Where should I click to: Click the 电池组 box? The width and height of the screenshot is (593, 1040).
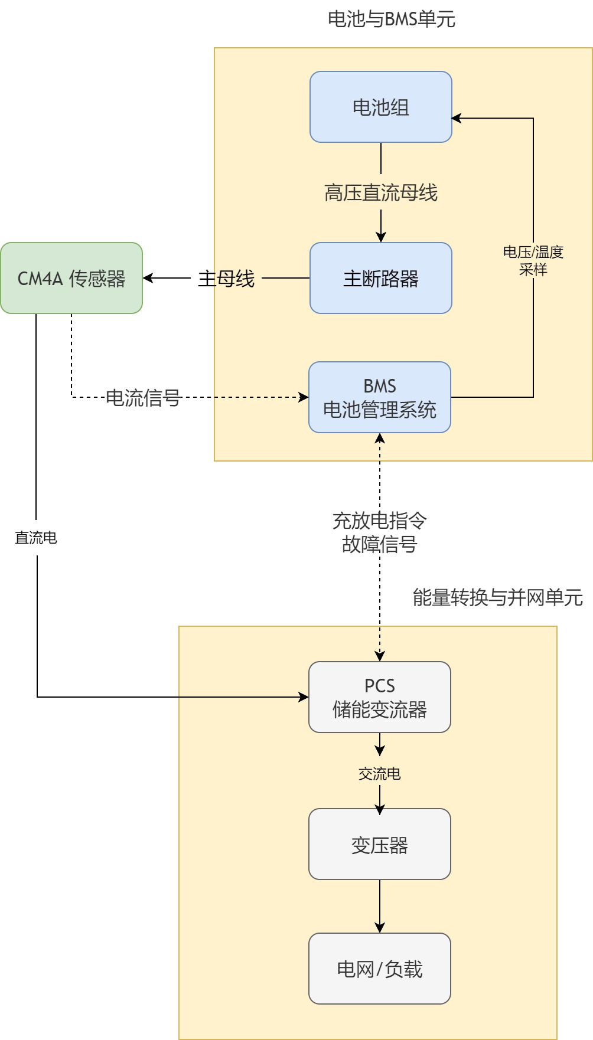click(380, 107)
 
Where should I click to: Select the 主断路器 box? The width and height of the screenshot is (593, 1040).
click(380, 278)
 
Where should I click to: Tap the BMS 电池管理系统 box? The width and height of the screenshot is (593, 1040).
click(380, 397)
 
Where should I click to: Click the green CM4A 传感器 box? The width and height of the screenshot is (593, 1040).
click(71, 278)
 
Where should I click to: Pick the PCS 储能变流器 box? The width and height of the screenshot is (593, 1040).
click(380, 697)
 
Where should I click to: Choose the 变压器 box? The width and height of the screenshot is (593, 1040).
click(380, 845)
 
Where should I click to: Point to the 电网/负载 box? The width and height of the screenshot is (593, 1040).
click(380, 969)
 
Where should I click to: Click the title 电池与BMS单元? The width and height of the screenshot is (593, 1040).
click(391, 19)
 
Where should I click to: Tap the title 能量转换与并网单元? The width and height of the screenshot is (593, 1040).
click(497, 597)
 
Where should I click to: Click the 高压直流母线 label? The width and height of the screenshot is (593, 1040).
click(380, 192)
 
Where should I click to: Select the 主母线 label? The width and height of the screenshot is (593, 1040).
click(226, 278)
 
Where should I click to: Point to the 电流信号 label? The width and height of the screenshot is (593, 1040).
click(143, 398)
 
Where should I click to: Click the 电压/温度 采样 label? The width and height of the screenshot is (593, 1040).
click(533, 260)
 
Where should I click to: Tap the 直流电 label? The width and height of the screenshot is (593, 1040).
click(36, 538)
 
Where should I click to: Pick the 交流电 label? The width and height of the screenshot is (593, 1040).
click(380, 774)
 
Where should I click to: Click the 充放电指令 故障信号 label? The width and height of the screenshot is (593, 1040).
click(380, 532)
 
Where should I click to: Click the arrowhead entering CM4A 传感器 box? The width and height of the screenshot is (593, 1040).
click(148, 278)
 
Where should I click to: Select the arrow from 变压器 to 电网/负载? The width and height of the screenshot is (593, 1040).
click(380, 906)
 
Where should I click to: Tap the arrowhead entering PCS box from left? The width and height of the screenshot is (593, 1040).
click(304, 697)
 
